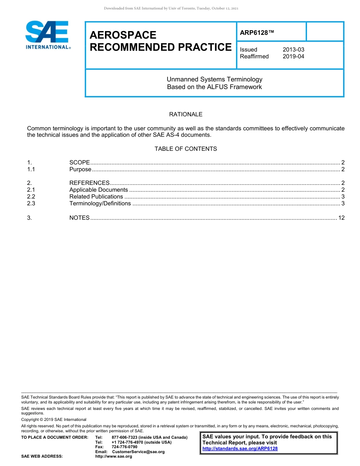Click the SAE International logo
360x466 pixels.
point(47,35)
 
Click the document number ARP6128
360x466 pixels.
point(257,33)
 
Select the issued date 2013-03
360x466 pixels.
point(293,50)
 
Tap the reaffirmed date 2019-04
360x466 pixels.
point(293,56)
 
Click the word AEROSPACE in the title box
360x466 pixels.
point(123,35)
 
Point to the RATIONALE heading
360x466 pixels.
point(186,114)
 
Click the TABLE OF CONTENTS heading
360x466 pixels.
point(186,149)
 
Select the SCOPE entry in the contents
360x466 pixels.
point(80,163)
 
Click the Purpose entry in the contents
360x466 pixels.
point(80,169)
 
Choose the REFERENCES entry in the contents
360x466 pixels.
point(89,183)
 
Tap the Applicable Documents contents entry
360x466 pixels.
point(99,190)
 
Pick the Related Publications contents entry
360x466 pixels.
point(96,197)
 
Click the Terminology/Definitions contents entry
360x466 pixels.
point(100,203)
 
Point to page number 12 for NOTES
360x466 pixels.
point(341,217)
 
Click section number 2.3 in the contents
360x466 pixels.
point(31,203)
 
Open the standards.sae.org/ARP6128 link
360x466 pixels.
point(240,449)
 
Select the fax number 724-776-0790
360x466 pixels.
point(124,447)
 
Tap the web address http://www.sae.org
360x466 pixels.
point(113,456)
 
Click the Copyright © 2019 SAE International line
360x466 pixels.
point(54,419)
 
